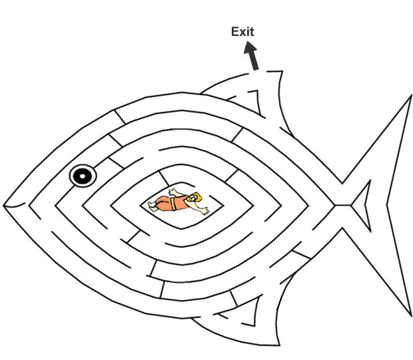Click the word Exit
coord(242,31)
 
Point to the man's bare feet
coord(153,207)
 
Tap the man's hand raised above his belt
coord(173,192)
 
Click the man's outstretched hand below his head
coord(205,212)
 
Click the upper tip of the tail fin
coord(409,96)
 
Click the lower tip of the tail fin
coord(408,317)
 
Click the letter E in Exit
coord(234,31)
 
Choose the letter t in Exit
coord(252,31)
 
